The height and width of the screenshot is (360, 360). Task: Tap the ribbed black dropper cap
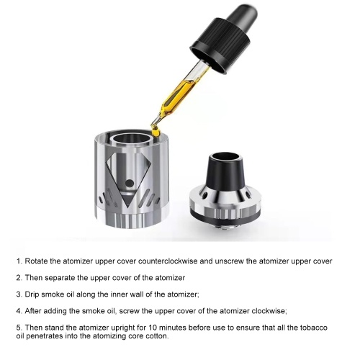coord(221,45)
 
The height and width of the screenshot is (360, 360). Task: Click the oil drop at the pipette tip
coord(156,131)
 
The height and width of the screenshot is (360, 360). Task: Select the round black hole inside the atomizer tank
coord(130,183)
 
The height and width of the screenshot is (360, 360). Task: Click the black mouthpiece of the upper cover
coord(225,171)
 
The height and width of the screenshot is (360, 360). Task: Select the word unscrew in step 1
coord(229,261)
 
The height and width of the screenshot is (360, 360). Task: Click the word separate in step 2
coord(60,278)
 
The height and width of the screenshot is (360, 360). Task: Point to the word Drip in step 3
coord(32,294)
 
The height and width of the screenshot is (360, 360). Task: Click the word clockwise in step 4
coord(269,311)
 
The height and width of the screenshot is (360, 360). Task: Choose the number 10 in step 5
coord(153,328)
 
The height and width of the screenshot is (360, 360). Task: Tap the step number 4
coord(19,311)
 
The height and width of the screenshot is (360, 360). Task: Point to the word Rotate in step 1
coord(36,261)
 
